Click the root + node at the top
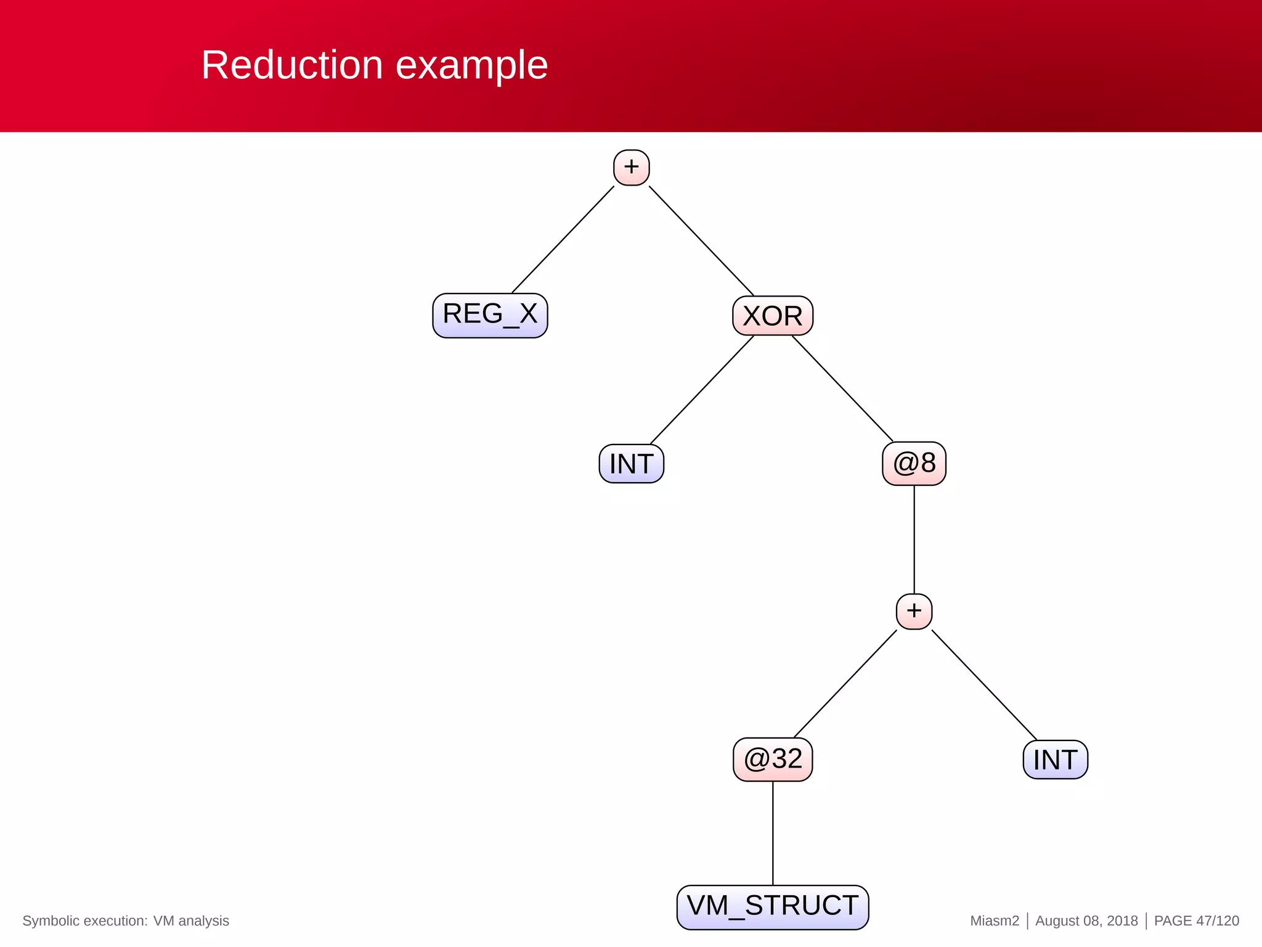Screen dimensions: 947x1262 [631, 167]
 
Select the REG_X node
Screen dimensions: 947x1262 [490, 315]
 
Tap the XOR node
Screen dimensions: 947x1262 [773, 316]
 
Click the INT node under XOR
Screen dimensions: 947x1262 [631, 464]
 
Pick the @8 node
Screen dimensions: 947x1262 [914, 463]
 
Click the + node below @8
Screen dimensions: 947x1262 [914, 611]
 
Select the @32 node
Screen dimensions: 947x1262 [773, 759]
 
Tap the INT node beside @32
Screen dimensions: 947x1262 [1055, 760]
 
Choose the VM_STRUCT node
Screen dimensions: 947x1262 [773, 907]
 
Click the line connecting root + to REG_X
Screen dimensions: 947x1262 [563, 240]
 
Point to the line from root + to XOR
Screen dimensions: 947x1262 [701, 241]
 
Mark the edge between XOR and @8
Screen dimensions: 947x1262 [842, 388]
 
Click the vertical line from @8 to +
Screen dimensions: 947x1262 [914, 539]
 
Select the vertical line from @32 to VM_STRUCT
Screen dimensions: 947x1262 [773, 833]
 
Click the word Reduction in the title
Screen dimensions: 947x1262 [292, 65]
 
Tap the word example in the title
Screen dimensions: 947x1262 [471, 66]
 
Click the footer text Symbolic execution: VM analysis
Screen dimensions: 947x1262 [126, 920]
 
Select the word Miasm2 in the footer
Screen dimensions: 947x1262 [994, 920]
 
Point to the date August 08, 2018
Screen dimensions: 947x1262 [1086, 920]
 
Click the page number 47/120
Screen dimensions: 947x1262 [1217, 920]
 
